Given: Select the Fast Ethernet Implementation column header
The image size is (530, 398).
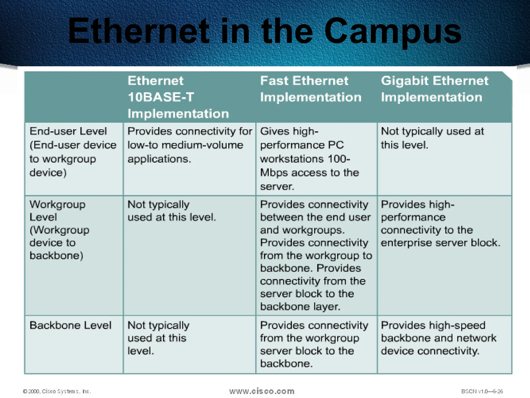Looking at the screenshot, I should click(311, 89).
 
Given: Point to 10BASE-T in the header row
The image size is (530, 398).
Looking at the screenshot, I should click(161, 97).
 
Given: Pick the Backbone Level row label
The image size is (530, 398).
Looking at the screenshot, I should click(70, 325).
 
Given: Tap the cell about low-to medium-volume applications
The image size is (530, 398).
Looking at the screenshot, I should click(189, 145).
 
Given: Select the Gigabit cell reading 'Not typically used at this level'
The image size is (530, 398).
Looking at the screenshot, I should click(432, 138).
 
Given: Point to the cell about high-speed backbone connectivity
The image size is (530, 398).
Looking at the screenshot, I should click(438, 338).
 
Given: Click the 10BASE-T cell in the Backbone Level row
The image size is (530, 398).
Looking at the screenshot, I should click(158, 338).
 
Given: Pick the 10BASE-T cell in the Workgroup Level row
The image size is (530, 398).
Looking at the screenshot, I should click(171, 211).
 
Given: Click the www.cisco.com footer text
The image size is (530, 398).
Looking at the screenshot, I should click(262, 391).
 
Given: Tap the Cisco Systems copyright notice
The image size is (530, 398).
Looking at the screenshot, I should click(57, 391).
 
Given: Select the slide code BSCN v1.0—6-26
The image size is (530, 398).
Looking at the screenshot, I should click(482, 391).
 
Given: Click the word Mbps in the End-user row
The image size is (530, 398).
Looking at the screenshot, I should click(274, 173).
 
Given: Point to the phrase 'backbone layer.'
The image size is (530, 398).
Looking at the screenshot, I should click(300, 307).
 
